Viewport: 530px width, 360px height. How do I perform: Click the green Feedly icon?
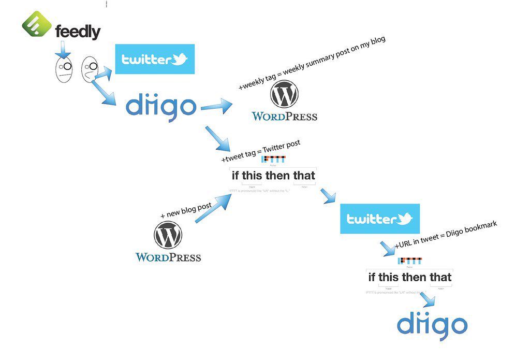click(x=37, y=24)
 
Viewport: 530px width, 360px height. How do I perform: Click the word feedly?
click(x=78, y=33)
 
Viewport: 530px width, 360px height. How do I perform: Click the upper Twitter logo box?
click(x=154, y=59)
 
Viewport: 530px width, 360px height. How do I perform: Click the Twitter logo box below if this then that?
click(x=380, y=219)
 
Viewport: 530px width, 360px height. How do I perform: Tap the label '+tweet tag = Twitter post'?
click(x=261, y=151)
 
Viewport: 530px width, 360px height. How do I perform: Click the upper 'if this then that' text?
click(x=273, y=175)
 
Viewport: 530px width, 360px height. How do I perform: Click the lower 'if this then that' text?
click(x=409, y=277)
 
